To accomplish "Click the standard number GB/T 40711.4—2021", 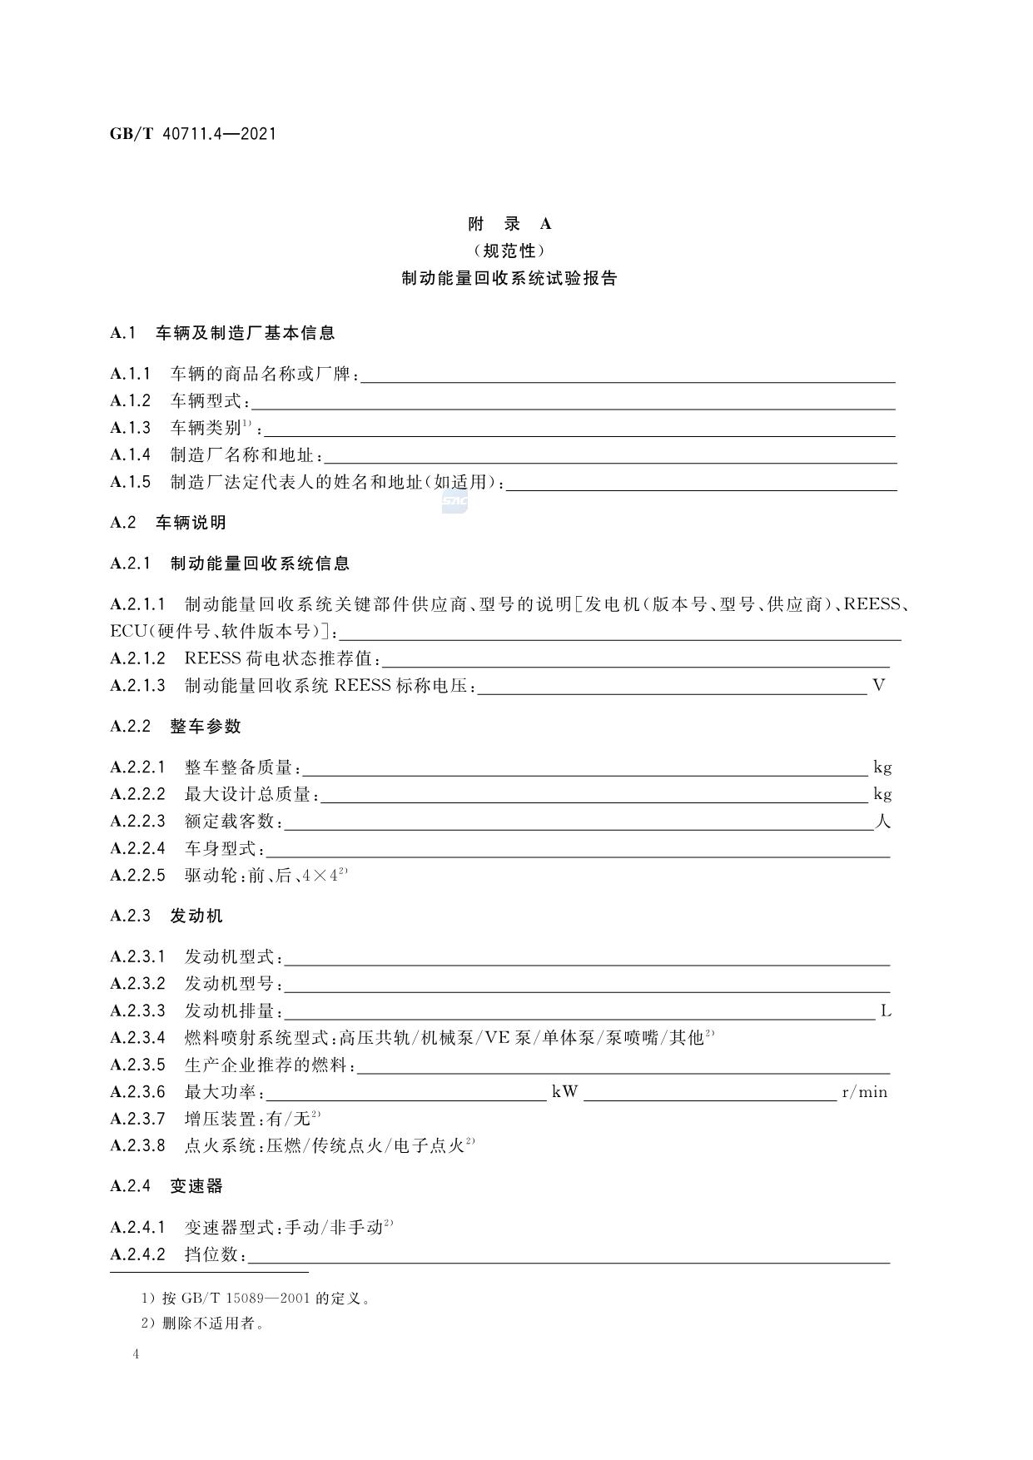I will click(192, 133).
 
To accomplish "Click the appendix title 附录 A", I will click(509, 223).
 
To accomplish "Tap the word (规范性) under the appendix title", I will click(509, 251).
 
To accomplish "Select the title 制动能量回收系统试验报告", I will click(509, 279).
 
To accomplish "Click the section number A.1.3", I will click(131, 428).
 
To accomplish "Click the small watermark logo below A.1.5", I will click(454, 502).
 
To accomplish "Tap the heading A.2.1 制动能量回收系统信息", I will click(230, 564).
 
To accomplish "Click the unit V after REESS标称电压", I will click(878, 686).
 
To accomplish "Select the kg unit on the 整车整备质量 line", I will click(882, 767).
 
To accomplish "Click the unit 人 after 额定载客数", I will click(882, 822).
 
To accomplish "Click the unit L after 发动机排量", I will click(886, 1011).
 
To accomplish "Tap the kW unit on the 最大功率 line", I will click(564, 1092).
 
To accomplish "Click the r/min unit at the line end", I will click(865, 1092).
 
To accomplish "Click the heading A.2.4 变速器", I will click(166, 1186).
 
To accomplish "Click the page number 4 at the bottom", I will click(136, 1354).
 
